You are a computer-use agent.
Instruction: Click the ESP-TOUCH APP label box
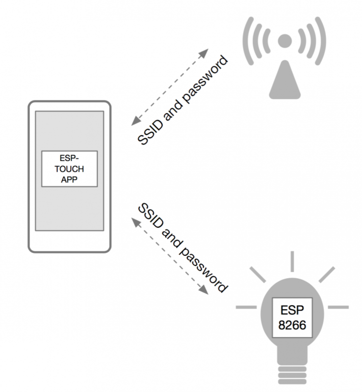[x=70, y=169]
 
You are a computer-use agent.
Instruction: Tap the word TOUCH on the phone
[x=70, y=169]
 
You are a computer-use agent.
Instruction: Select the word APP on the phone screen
[x=70, y=179]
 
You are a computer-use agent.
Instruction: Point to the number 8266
[x=293, y=324]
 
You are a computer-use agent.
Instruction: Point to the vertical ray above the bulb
[x=292, y=262]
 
